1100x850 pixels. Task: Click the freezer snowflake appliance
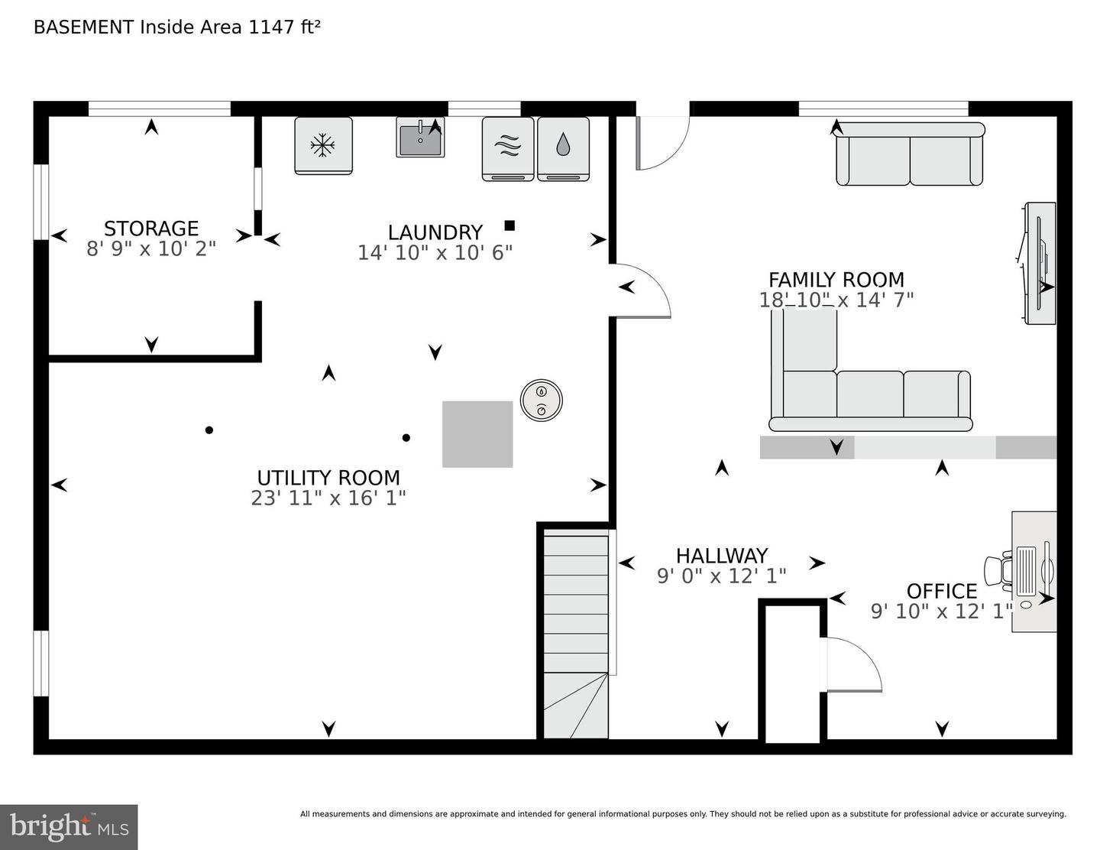point(323,146)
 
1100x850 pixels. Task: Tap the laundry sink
point(420,138)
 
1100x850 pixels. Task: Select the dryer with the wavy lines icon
point(508,149)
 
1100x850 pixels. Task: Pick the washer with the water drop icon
point(563,149)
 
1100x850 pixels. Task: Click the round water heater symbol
point(541,401)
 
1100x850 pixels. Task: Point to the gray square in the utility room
point(477,434)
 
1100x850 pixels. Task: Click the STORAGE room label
point(150,229)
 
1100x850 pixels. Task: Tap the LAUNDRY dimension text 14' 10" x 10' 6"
point(435,252)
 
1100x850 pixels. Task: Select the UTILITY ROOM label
point(328,478)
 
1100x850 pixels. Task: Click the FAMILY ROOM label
point(836,280)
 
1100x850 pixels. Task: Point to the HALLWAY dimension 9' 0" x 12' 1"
point(721,576)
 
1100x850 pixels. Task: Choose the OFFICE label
point(942,591)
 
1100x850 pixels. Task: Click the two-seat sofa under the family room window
point(910,154)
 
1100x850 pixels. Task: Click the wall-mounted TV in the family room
point(1039,264)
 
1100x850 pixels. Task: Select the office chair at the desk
point(998,571)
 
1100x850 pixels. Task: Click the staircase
point(576,637)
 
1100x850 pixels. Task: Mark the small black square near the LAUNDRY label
point(510,225)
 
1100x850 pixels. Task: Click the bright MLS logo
point(69,827)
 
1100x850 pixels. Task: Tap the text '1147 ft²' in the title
point(284,27)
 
